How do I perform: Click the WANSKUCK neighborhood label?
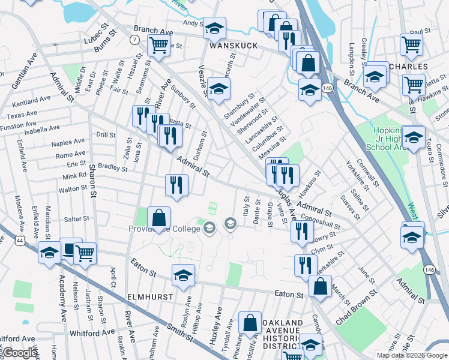tap(233, 46)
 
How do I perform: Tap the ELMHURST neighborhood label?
tap(150, 297)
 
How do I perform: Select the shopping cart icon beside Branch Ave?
tap(158, 44)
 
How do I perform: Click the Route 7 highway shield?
tap(134, 39)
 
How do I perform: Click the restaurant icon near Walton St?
tap(176, 184)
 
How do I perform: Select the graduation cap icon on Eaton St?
tap(183, 275)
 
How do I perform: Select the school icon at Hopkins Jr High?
tap(413, 137)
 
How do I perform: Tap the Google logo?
tap(20, 353)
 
